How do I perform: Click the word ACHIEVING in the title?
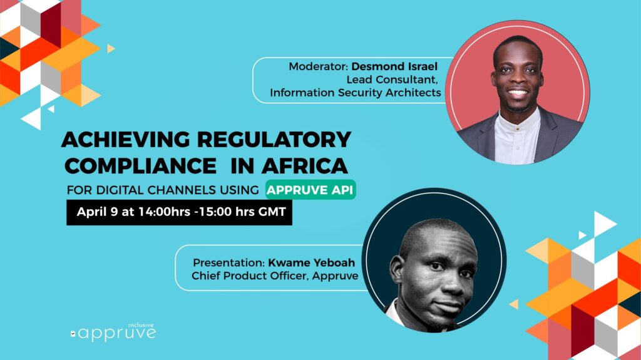point(125,140)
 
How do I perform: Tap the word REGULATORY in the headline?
point(274,140)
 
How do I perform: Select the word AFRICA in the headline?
point(305,166)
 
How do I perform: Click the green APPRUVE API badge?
point(310,190)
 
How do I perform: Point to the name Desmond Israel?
point(394,66)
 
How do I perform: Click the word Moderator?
point(319,66)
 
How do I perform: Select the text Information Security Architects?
point(356,93)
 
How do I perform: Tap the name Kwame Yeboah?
point(312,262)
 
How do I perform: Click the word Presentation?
point(228,262)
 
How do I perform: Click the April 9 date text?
point(97,212)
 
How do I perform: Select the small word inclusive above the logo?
point(141,325)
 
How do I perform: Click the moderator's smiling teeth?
point(518,93)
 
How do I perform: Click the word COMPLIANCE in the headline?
point(141,166)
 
